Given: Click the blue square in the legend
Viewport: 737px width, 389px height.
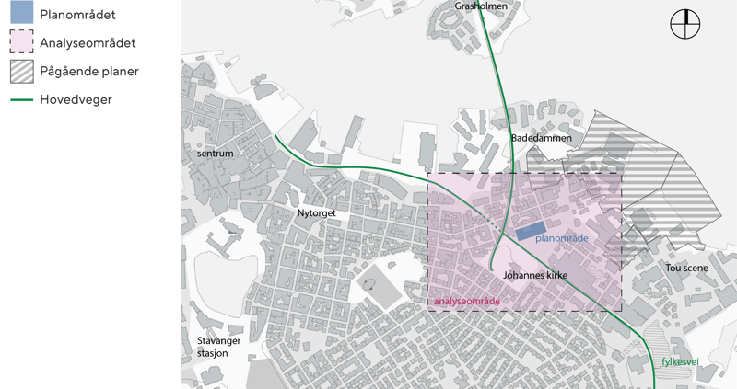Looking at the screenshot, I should [x=21, y=13].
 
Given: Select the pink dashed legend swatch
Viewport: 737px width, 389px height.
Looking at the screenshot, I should [x=21, y=42].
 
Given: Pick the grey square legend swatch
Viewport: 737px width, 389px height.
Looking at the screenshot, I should [x=21, y=72].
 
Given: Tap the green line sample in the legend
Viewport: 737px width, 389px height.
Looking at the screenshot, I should [x=21, y=100].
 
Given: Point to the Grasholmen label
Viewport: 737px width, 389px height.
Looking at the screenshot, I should [x=481, y=6].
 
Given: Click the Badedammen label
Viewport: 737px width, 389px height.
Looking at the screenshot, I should [x=541, y=138].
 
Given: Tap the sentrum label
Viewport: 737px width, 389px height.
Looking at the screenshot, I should [x=216, y=154].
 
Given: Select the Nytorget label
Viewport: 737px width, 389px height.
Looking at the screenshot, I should [x=316, y=212].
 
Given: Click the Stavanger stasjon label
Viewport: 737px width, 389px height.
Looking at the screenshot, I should [x=219, y=347].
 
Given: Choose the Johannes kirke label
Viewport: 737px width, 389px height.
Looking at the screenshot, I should [x=535, y=275].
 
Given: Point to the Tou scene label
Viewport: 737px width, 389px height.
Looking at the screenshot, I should [x=687, y=268].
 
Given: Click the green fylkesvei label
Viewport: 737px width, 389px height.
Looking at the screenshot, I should [x=680, y=362].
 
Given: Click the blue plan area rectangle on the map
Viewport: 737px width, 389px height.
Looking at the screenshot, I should [x=530, y=232].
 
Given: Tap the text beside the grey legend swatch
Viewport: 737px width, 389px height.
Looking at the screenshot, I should [x=91, y=72].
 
